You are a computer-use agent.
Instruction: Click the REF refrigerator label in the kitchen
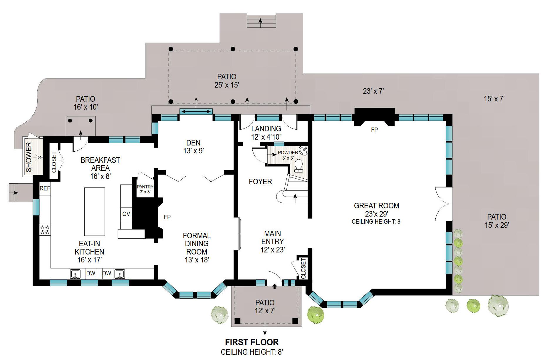pyautogui.click(x=45, y=188)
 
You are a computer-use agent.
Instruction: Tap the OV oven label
pyautogui.click(x=126, y=214)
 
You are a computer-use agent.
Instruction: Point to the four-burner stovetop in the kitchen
pyautogui.click(x=45, y=230)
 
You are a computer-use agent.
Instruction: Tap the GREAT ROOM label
pyautogui.click(x=376, y=206)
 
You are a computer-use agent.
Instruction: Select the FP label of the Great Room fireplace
pyautogui.click(x=374, y=130)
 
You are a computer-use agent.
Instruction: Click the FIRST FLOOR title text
pyautogui.click(x=252, y=342)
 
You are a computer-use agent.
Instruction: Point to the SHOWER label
pyautogui.click(x=28, y=157)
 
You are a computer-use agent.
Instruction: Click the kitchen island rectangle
pyautogui.click(x=95, y=212)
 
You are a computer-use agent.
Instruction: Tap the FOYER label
pyautogui.click(x=260, y=182)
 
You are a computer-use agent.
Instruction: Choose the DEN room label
pyautogui.click(x=193, y=143)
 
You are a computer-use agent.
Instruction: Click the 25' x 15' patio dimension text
pyautogui.click(x=226, y=85)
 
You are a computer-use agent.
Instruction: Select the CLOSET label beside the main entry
pyautogui.click(x=303, y=268)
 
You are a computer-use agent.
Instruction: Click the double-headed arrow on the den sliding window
pyautogui.click(x=196, y=111)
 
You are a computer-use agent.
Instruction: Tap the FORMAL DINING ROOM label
pyautogui.click(x=197, y=244)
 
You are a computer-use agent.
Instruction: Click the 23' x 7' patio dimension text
pyautogui.click(x=373, y=91)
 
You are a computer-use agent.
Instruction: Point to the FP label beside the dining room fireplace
pyautogui.click(x=167, y=217)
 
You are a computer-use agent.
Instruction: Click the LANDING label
pyautogui.click(x=266, y=129)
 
